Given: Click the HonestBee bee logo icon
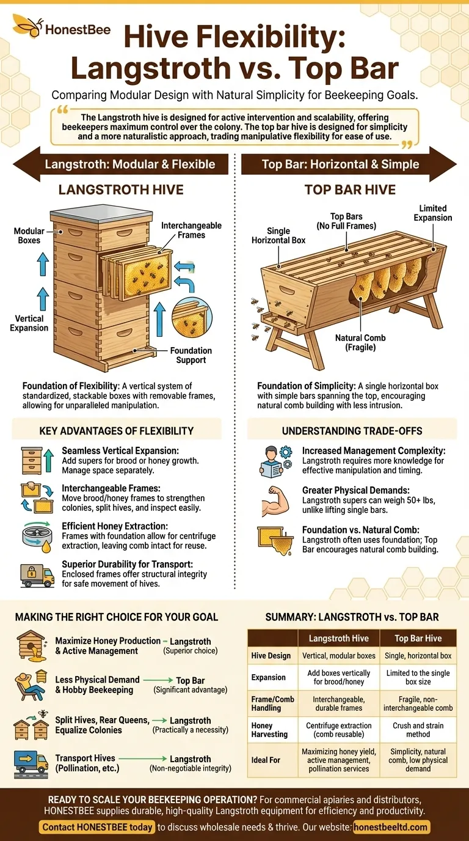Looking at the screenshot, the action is (x=27, y=25).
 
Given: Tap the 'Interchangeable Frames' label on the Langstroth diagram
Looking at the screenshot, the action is (x=191, y=230).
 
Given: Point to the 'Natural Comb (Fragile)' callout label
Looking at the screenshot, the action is (x=360, y=342).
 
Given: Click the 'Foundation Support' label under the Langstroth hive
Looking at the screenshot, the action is (x=191, y=355).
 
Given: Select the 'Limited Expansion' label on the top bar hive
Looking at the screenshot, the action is (x=432, y=213).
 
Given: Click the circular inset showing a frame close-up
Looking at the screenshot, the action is (x=192, y=317).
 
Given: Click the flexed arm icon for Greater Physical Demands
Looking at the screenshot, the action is (x=276, y=501).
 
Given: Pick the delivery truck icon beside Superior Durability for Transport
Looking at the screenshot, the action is (x=37, y=576).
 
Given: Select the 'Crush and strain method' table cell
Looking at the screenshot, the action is (x=418, y=730).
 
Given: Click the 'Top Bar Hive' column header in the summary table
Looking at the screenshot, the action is (x=418, y=638).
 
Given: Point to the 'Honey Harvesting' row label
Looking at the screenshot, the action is (x=269, y=730).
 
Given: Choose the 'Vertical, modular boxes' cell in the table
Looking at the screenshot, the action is (x=339, y=656).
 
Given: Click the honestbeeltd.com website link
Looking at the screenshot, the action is (x=390, y=827).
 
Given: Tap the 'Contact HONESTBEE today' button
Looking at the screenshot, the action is (x=97, y=827).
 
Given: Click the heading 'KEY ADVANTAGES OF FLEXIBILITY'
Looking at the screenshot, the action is (x=116, y=431).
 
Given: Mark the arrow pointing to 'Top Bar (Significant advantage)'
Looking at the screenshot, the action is (x=158, y=680).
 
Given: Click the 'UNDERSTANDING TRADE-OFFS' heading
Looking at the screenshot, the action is (x=352, y=431).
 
